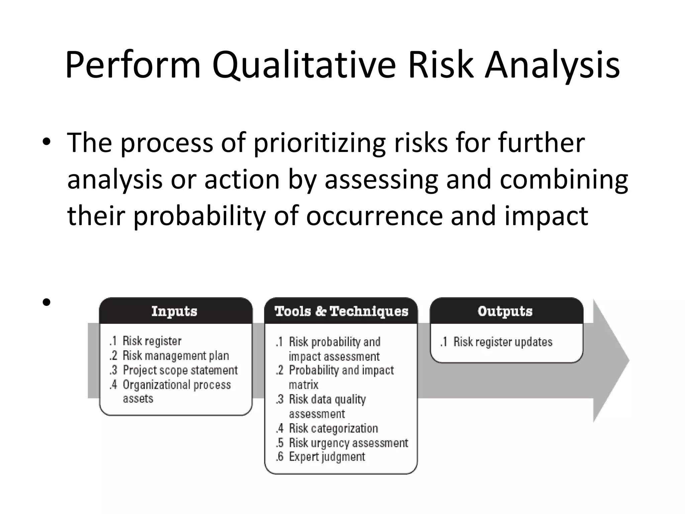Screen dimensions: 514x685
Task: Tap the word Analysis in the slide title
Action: click(x=552, y=65)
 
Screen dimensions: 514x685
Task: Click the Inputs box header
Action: click(x=174, y=311)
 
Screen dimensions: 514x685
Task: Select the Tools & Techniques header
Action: click(x=341, y=311)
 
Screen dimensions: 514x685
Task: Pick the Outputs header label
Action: click(x=505, y=311)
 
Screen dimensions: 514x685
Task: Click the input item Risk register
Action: click(x=152, y=341)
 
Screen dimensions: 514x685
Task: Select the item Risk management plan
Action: click(x=176, y=355)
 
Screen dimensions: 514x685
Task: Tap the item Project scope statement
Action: click(x=180, y=370)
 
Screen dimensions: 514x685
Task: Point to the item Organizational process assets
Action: click(x=177, y=385)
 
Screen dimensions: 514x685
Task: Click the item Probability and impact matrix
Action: click(x=341, y=370)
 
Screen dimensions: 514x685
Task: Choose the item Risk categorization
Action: click(x=333, y=428)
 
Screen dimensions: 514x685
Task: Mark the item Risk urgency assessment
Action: click(x=348, y=443)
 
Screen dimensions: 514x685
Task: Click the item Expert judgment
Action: click(x=327, y=457)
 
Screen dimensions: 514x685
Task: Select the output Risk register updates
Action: click(x=503, y=342)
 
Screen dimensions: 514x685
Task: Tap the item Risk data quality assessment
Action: click(x=327, y=400)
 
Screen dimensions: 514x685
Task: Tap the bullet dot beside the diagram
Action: click(x=46, y=303)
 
